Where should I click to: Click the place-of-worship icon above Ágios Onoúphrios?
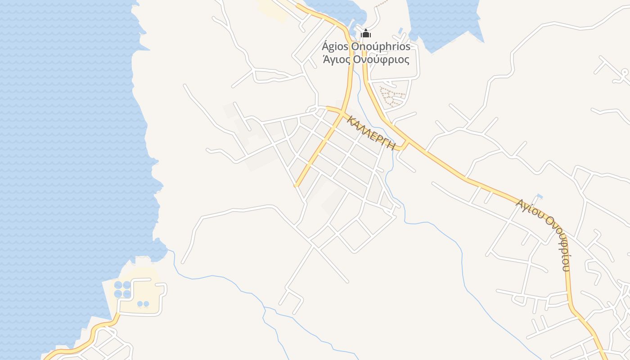(366, 34)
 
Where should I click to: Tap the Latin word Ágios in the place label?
(335, 46)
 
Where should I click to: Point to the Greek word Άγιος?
(336, 59)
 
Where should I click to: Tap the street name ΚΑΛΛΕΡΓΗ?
(371, 132)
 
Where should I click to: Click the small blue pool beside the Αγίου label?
(540, 197)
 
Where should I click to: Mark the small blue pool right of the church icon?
(400, 31)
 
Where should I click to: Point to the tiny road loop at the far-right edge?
(624, 72)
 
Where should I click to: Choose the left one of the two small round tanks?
(140, 304)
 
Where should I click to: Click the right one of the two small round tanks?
(146, 304)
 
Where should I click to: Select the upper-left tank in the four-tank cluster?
(118, 285)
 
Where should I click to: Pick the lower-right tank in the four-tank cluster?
(127, 293)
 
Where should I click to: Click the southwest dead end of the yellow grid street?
(296, 185)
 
